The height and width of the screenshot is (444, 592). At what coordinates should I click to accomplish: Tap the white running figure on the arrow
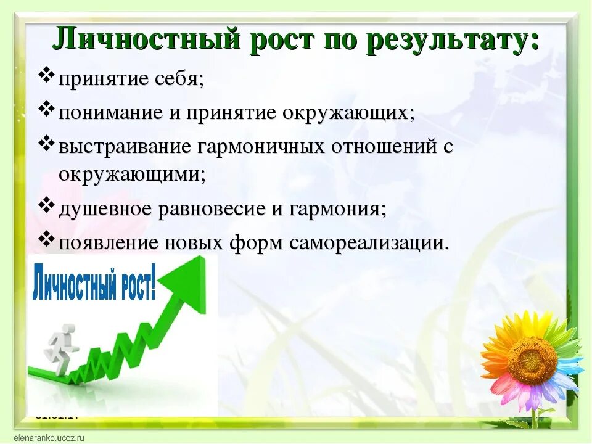pyautogui.click(x=60, y=348)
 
